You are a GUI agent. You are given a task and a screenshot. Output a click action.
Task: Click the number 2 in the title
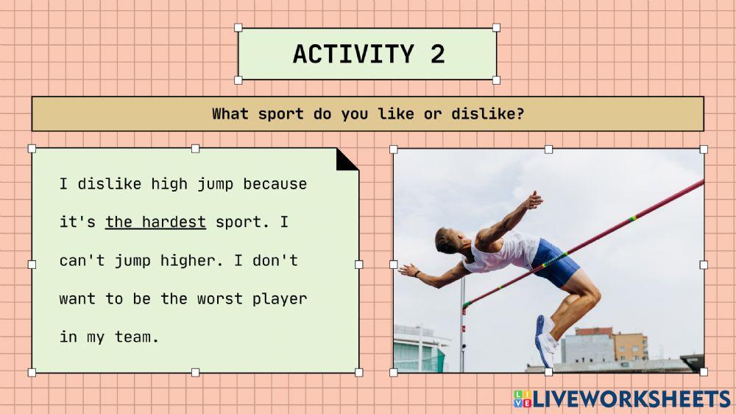tap(437, 54)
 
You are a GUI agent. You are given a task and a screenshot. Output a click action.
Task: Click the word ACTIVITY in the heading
tap(353, 54)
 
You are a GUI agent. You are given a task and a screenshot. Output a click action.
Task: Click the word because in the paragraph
tap(275, 183)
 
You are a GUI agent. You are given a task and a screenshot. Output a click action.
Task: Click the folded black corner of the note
tap(347, 158)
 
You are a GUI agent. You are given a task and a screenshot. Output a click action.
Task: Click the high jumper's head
tap(447, 241)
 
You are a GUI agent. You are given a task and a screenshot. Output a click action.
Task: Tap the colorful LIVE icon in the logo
tap(522, 399)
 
